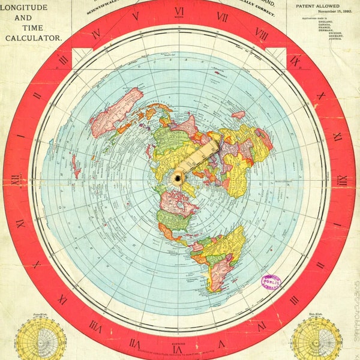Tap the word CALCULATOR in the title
pos(34,38)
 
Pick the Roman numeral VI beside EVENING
pos(178,349)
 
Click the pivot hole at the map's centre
pos(178,177)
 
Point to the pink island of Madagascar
pos(238,115)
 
